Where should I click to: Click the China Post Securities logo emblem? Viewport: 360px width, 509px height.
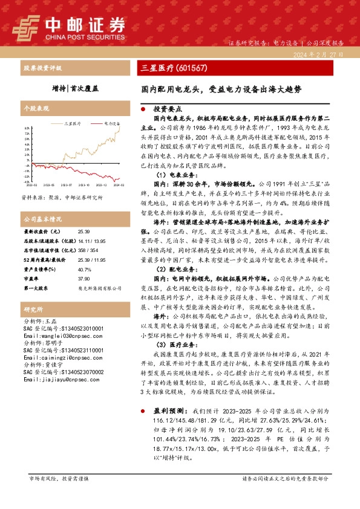[x=28, y=27]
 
